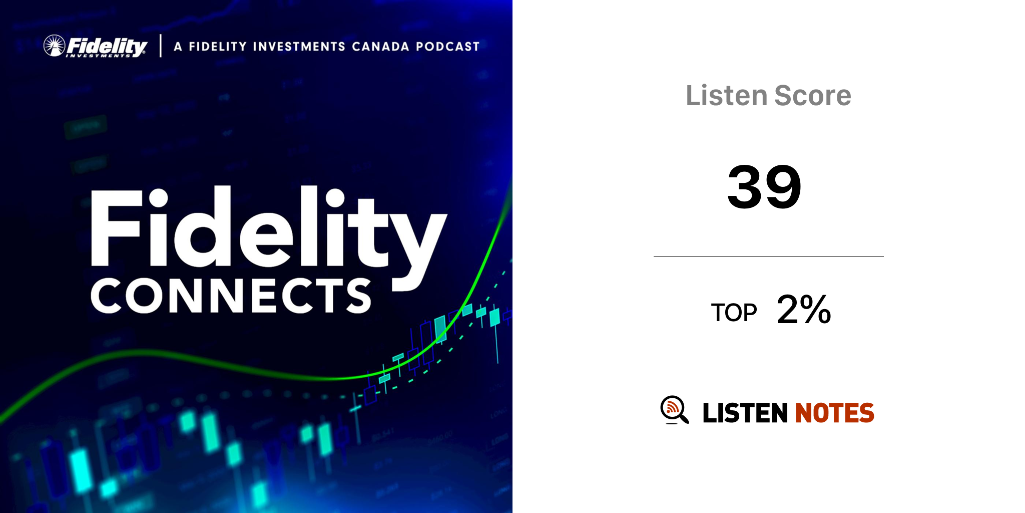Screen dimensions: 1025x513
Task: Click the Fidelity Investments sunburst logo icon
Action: pos(54,46)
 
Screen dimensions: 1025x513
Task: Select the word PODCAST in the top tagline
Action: pos(448,47)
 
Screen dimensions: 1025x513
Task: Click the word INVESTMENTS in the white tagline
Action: pos(299,47)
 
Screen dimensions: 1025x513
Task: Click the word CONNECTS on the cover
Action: pos(231,296)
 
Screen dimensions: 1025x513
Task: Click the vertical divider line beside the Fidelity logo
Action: pos(161,46)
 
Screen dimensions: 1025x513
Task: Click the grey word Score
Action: pos(812,96)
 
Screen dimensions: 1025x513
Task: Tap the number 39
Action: pos(764,187)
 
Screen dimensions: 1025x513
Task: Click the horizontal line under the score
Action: pos(769,256)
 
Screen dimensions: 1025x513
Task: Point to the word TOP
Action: pos(734,313)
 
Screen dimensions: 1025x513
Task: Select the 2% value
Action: pos(804,309)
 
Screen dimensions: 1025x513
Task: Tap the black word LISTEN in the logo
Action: pos(745,413)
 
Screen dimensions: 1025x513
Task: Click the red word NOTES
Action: pos(834,413)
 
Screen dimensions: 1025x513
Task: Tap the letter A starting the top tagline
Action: pos(178,47)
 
